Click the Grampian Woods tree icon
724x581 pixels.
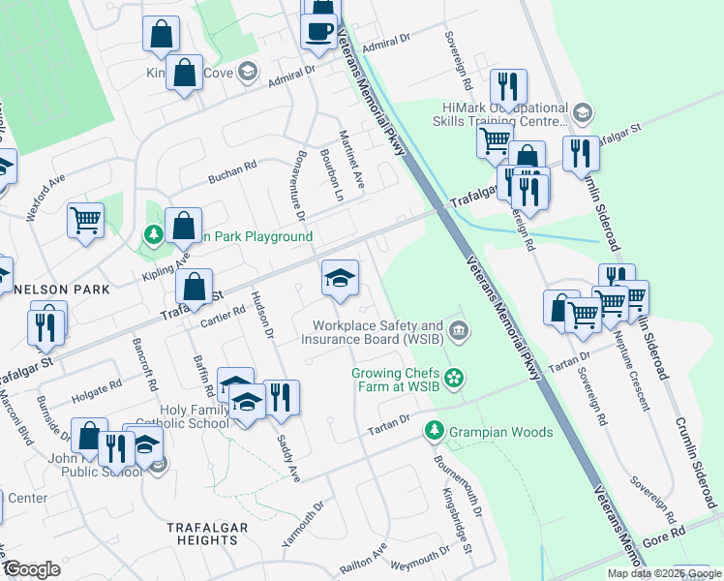pyautogui.click(x=436, y=430)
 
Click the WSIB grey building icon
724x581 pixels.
pyautogui.click(x=460, y=332)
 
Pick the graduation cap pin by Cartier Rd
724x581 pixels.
pyautogui.click(x=339, y=279)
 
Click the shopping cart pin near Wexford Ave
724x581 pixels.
pyautogui.click(x=85, y=220)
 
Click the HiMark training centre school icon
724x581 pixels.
pyautogui.click(x=582, y=113)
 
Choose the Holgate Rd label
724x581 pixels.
pyautogui.click(x=95, y=392)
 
